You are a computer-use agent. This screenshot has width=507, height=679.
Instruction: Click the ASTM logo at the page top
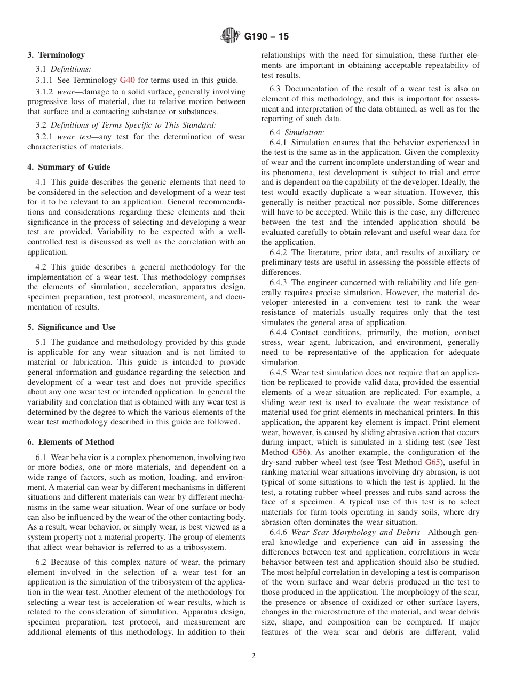pyautogui.click(x=230, y=36)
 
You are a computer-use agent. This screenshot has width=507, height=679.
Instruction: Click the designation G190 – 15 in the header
pyautogui.click(x=266, y=37)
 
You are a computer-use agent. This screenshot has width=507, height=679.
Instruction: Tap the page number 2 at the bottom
pyautogui.click(x=253, y=656)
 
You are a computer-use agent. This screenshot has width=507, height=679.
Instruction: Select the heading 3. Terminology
pyautogui.click(x=56, y=55)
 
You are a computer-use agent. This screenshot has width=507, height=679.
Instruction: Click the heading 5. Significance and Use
pyautogui.click(x=72, y=327)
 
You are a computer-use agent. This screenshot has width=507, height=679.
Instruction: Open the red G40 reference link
pyautogui.click(x=127, y=80)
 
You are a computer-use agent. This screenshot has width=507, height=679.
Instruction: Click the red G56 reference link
pyautogui.click(x=299, y=452)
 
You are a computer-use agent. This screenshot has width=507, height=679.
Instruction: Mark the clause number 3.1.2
pyautogui.click(x=45, y=92)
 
